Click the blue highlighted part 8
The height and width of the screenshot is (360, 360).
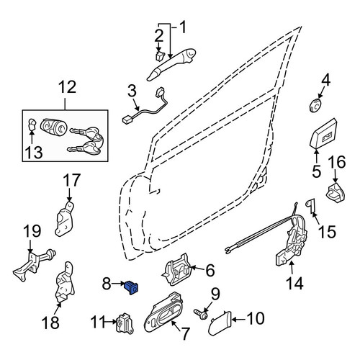(132, 287)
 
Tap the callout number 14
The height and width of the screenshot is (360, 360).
(295, 283)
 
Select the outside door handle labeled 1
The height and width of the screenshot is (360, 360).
(171, 64)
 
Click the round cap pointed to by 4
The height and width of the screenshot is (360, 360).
(315, 105)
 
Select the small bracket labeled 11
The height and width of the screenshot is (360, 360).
(125, 323)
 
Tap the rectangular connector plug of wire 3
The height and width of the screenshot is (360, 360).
(127, 119)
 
